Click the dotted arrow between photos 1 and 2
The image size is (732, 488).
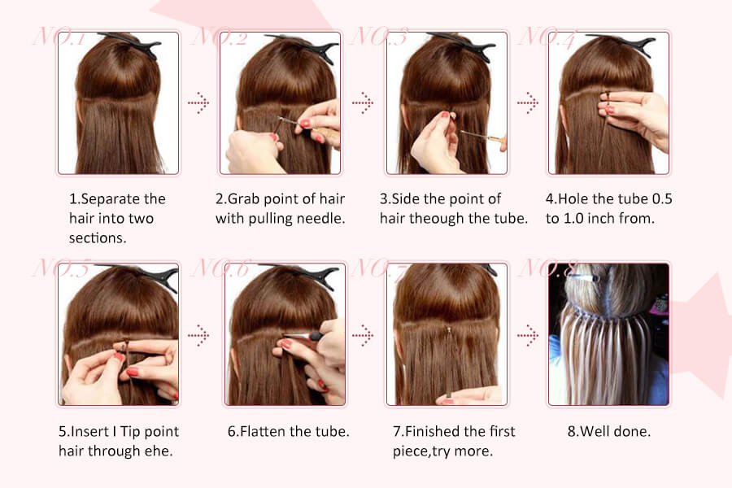click(198, 102)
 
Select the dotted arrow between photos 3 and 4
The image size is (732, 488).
click(528, 102)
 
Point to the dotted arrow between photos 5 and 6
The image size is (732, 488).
click(198, 335)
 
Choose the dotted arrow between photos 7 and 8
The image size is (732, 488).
click(528, 335)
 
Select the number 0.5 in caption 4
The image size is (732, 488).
click(662, 199)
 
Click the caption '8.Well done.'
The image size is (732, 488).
click(608, 432)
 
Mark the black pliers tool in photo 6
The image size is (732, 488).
click(303, 336)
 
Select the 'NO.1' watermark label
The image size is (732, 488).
click(59, 37)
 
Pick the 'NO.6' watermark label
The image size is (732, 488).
click(222, 268)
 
